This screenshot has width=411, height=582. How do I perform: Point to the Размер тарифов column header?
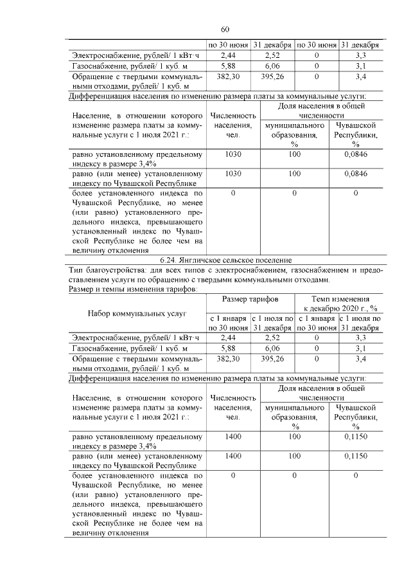pos(250,300)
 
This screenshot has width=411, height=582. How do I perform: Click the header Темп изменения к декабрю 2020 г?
pos(339,304)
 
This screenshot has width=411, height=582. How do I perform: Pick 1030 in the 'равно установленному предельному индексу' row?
pos(233,155)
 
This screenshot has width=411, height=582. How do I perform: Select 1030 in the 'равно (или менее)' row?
pos(233,173)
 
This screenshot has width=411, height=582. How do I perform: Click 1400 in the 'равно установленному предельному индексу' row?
pos(233,437)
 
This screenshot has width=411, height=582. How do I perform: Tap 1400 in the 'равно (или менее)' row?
pos(233,455)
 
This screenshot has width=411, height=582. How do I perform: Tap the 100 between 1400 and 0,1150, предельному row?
pos(294,437)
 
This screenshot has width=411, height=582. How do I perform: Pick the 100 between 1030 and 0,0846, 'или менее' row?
pos(294,173)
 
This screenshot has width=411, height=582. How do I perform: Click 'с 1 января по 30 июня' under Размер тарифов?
pos(228,323)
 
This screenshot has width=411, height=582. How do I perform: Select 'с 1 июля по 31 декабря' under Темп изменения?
pos(360,323)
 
